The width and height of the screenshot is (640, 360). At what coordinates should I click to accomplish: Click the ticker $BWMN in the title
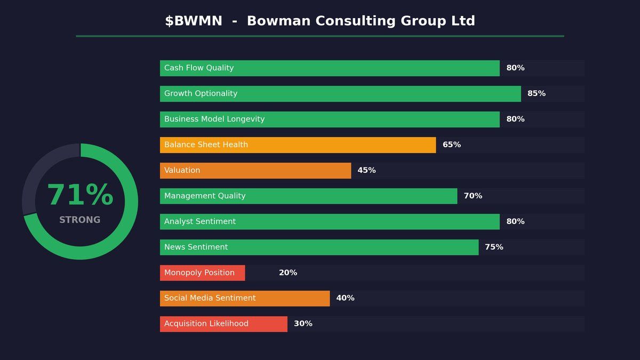click(194, 21)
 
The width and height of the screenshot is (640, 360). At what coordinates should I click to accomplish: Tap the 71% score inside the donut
click(80, 196)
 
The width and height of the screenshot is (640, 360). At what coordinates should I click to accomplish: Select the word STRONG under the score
click(80, 220)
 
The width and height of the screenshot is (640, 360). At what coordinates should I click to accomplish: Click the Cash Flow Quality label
click(199, 68)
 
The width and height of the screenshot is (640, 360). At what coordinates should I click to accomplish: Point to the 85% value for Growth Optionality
click(537, 94)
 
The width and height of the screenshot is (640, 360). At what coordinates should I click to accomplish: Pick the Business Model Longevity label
click(214, 119)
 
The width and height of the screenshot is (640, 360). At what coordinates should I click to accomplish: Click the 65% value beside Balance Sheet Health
click(452, 145)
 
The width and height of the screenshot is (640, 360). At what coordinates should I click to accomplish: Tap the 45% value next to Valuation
click(366, 171)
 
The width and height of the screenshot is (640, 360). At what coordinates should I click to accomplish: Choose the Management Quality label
click(205, 196)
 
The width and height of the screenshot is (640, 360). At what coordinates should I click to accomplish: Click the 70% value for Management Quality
click(473, 196)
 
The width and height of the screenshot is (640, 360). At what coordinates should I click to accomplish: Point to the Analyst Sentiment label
click(200, 222)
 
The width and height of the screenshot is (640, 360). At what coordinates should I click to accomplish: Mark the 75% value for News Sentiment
click(494, 247)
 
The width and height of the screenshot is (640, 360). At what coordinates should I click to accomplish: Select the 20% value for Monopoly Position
click(288, 273)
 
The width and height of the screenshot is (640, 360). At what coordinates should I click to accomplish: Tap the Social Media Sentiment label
click(210, 299)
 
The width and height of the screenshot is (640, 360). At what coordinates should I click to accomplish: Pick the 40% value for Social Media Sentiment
click(345, 299)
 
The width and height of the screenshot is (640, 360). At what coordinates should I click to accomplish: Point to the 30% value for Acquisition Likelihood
click(303, 324)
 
